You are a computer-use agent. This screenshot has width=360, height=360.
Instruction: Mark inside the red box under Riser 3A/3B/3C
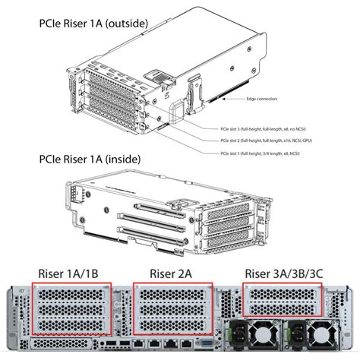click(282, 298)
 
